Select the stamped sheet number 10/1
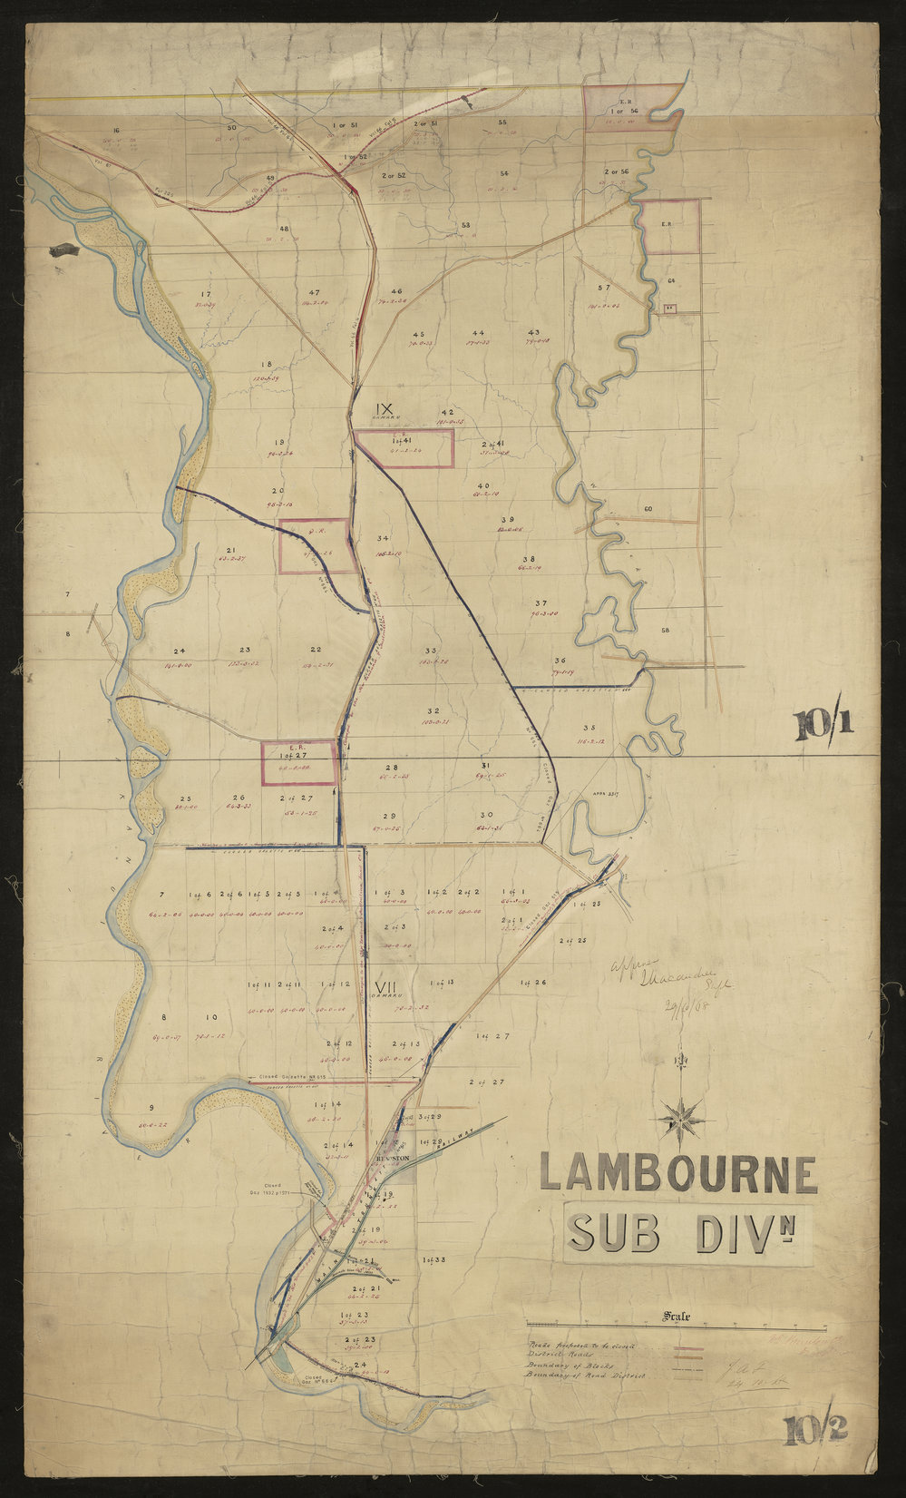tap(825, 726)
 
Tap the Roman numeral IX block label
tap(385, 408)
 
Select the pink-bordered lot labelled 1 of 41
tap(403, 447)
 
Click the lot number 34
tap(383, 538)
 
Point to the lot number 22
tap(315, 650)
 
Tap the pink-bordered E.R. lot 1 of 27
tap(298, 762)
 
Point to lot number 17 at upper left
tap(206, 294)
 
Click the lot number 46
tap(396, 291)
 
